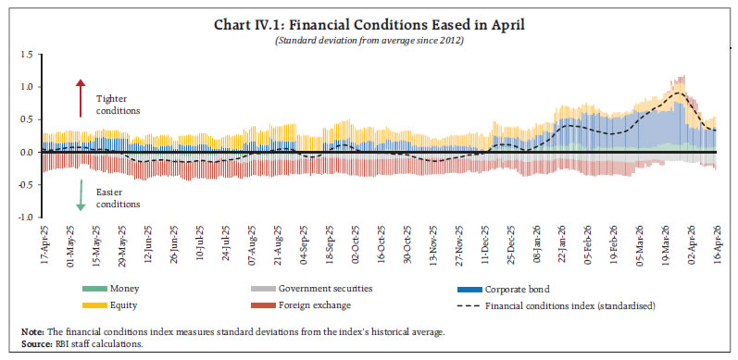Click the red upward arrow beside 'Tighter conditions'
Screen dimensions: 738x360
click(81, 98)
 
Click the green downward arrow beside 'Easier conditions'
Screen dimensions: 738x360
click(81, 195)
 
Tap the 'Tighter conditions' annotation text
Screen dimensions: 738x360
click(119, 105)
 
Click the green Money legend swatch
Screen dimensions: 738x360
click(94, 289)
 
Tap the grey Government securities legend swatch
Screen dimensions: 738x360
click(263, 289)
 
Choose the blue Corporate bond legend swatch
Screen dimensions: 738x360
click(469, 289)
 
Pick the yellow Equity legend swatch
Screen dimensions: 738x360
click(94, 305)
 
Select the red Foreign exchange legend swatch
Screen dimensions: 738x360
click(263, 305)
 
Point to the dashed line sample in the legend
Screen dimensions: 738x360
click(469, 306)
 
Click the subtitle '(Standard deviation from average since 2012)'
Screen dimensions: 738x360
click(369, 41)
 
